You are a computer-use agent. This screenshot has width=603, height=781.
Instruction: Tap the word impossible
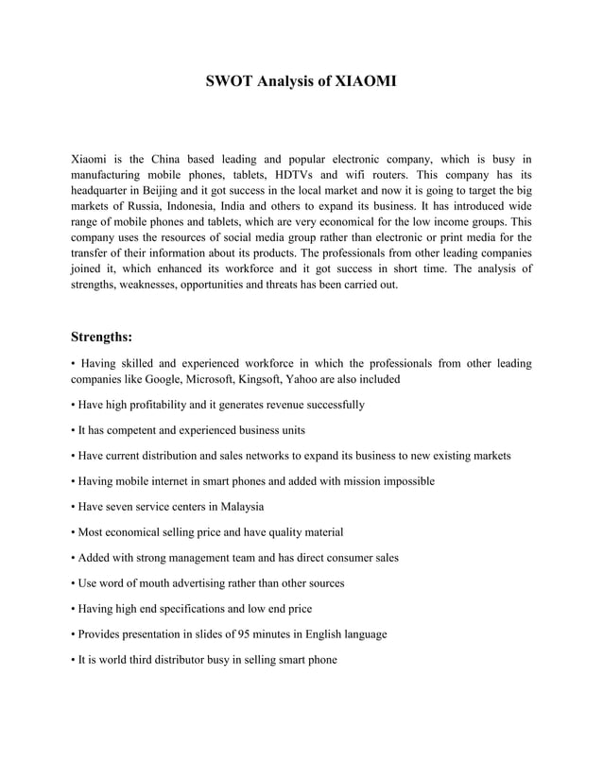[x=405, y=481]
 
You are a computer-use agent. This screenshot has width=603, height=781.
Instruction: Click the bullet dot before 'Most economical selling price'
[x=74, y=532]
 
